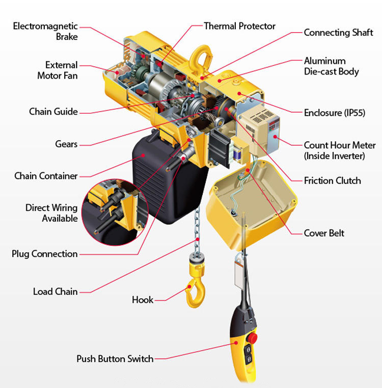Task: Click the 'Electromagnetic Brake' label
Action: [45, 31]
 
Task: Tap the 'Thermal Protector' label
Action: [239, 26]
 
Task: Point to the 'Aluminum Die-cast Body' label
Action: [331, 66]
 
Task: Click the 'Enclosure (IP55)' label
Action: [334, 113]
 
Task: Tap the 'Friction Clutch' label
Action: [332, 180]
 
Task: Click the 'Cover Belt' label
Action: [324, 233]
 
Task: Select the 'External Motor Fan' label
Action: [57, 70]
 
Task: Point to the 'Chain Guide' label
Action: [53, 112]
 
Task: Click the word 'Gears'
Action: [66, 144]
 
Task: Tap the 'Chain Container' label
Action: [46, 176]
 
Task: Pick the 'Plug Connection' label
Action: [45, 254]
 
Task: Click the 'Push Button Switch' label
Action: [115, 359]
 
